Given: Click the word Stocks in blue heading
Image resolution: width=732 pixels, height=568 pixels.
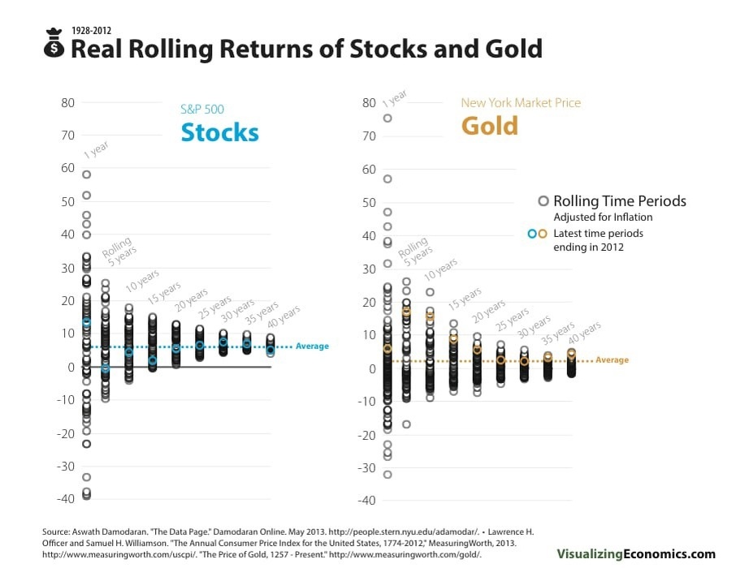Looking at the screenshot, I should tap(219, 132).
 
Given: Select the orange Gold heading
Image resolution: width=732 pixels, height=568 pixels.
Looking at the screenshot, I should tap(490, 126).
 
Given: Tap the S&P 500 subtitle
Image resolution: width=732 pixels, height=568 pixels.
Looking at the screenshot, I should tap(201, 109).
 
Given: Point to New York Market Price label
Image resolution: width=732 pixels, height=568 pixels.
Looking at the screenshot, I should tap(521, 103).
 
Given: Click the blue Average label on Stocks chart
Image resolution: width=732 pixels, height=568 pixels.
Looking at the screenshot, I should tap(312, 346).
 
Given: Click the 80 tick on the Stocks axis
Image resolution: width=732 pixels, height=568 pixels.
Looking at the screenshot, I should tap(67, 103).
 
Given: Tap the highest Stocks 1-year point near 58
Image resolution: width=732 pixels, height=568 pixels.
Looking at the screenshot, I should tap(87, 174).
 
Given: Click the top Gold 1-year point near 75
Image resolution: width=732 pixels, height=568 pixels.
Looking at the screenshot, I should tap(388, 118).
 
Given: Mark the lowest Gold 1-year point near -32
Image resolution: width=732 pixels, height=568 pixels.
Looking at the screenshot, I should tap(388, 475).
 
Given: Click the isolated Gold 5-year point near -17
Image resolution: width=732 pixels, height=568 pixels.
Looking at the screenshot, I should tap(406, 424).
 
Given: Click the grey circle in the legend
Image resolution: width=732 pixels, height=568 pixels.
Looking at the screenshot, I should tap(542, 201).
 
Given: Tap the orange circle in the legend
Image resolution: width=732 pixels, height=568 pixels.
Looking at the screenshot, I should tap(543, 234).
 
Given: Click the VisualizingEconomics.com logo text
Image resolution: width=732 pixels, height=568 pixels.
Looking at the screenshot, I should tap(636, 554).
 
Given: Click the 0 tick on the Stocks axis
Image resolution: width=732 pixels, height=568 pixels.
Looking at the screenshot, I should tap(71, 367).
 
